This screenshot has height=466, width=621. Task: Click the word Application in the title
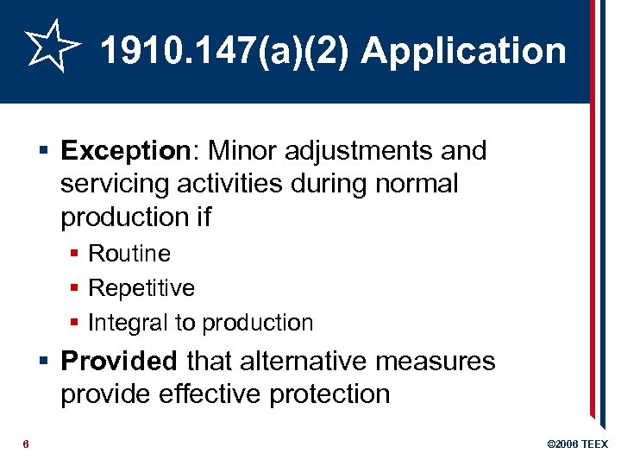click(464, 52)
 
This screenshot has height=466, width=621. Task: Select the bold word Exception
click(124, 151)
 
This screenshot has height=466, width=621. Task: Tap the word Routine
click(129, 254)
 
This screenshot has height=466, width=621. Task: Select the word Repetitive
click(141, 288)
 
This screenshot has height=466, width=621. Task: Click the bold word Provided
click(119, 361)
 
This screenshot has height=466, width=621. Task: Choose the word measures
click(438, 361)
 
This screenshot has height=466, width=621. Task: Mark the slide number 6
click(27, 444)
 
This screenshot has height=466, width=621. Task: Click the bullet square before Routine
click(76, 254)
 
